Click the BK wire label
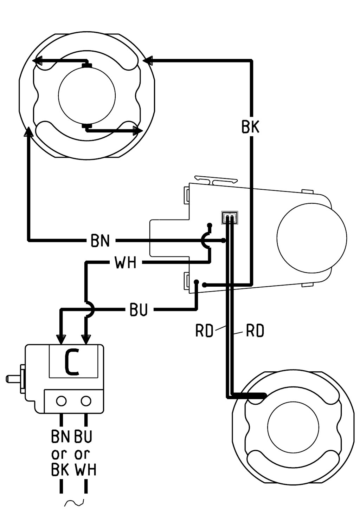click(250, 127)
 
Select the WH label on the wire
click(126, 262)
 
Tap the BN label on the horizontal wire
click(100, 240)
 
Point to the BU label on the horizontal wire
click(139, 309)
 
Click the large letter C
click(72, 363)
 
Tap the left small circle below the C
click(62, 401)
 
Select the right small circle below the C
click(86, 401)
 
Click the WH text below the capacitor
click(85, 468)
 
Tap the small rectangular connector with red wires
click(230, 218)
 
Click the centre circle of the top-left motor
click(87, 94)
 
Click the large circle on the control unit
click(312, 238)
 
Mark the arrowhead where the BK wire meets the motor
click(148, 61)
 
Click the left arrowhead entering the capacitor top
click(62, 339)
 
